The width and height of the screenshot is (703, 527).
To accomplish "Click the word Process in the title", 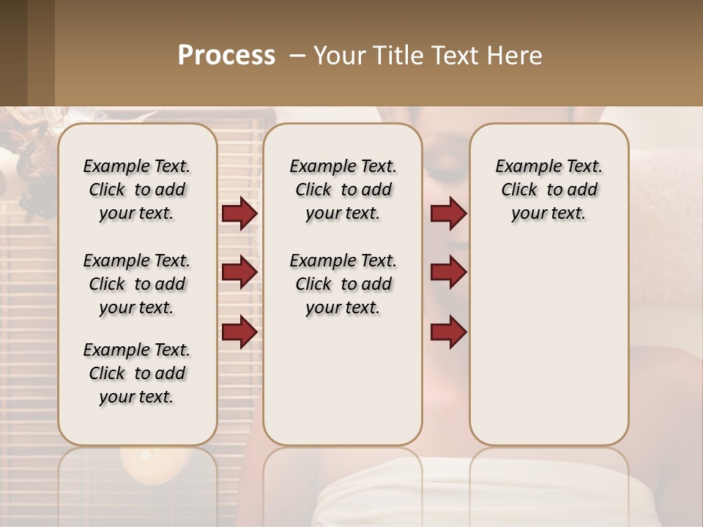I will pos(226,56).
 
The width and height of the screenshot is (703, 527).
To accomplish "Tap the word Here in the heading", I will pos(516,56).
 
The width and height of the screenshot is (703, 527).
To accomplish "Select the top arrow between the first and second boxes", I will pos(239,214).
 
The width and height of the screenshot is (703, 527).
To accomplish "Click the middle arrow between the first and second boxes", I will pos(239,272).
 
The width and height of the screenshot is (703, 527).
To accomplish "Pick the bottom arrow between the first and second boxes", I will pos(239,331).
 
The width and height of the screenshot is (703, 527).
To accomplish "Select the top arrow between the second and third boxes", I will pos(448,214).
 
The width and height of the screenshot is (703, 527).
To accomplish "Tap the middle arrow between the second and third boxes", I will pos(448,272).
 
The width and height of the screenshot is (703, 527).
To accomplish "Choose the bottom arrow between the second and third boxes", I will pos(448,331).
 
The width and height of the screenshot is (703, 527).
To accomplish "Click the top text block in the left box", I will pos(137,190).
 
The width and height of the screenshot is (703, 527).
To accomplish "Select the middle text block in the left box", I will pos(137,284).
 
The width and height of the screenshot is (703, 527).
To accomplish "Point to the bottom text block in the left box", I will pos(137,373).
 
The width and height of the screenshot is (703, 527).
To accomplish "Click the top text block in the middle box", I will pos(343,190).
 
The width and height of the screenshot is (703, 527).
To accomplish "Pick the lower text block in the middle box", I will pos(343,284).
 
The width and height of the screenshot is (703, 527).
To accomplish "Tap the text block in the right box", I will pos(548,190).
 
